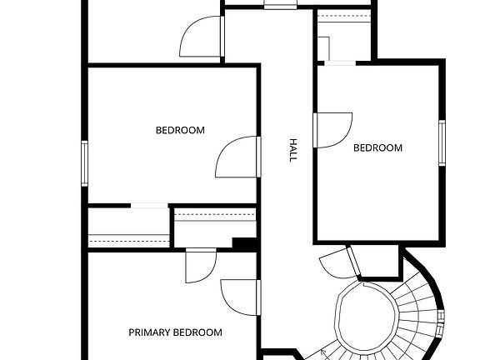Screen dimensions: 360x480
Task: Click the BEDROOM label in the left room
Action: [180, 130]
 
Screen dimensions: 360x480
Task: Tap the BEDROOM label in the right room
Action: [377, 148]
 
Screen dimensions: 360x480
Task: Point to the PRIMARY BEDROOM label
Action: [175, 332]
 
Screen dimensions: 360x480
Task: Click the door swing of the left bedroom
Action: [237, 157]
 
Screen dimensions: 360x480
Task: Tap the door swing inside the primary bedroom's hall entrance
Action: [239, 297]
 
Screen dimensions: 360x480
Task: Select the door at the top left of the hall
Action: [201, 37]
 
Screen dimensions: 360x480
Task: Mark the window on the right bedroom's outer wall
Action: [442, 142]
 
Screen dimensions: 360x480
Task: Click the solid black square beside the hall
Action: [244, 244]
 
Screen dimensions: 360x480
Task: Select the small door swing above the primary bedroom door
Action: [201, 266]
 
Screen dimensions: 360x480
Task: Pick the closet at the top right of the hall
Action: [343, 37]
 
